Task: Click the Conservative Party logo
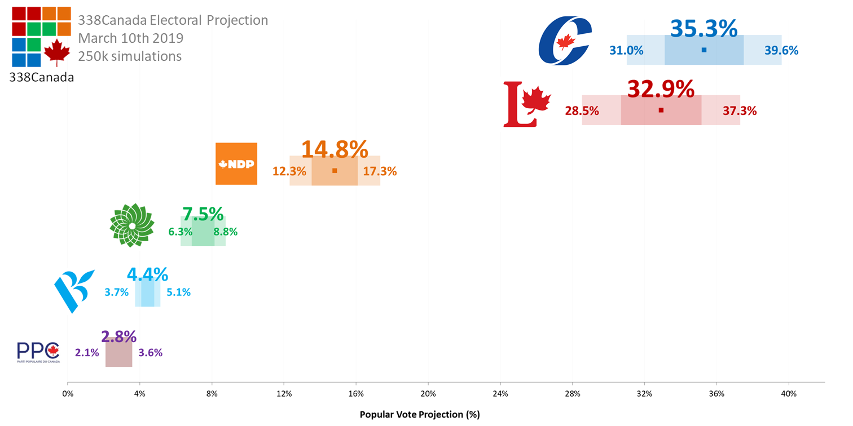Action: (565, 41)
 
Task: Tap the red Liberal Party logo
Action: (526, 104)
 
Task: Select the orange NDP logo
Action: (236, 163)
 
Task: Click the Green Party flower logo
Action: (131, 225)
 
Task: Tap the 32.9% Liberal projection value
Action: (661, 89)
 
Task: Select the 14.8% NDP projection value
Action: (335, 149)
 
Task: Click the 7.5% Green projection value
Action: (203, 214)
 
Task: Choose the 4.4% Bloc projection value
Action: (147, 274)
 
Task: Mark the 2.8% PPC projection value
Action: (118, 336)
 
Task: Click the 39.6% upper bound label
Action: (781, 50)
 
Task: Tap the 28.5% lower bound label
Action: (582, 111)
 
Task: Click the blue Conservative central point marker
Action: (703, 50)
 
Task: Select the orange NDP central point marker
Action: (335, 170)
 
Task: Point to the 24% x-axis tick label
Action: (500, 393)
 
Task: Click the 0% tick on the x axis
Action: (68, 393)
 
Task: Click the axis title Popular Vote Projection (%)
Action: (419, 415)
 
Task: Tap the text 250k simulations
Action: (130, 56)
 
